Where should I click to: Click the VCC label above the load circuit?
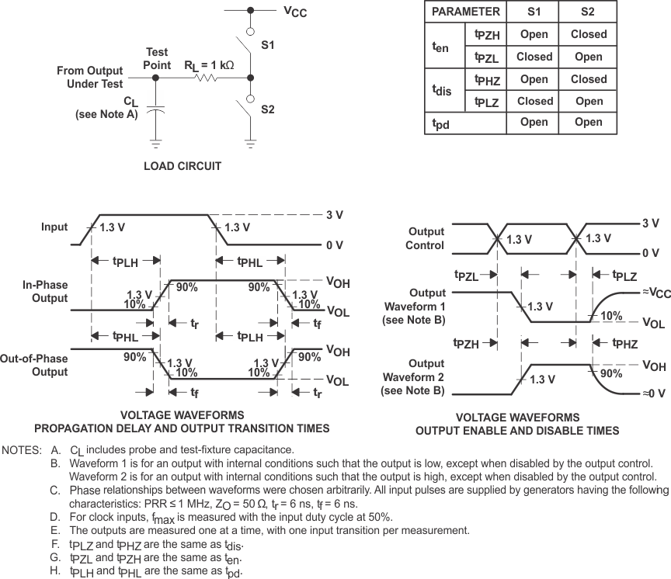click(x=295, y=12)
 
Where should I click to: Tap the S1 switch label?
click(x=268, y=46)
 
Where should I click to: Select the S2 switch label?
click(x=268, y=109)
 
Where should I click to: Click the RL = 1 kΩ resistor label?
click(x=209, y=65)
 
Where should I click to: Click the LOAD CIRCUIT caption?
click(x=183, y=166)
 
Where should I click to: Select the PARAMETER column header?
click(x=465, y=12)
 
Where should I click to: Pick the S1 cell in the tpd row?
click(x=534, y=122)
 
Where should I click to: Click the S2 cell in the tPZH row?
click(x=589, y=34)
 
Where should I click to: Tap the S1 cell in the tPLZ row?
click(x=534, y=101)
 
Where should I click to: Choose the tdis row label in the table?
click(x=442, y=90)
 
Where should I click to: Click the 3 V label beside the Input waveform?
click(x=335, y=214)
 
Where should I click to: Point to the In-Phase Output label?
click(x=45, y=292)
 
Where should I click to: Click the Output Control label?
click(x=426, y=238)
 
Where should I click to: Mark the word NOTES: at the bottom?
click(x=21, y=450)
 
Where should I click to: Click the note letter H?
click(x=54, y=571)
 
